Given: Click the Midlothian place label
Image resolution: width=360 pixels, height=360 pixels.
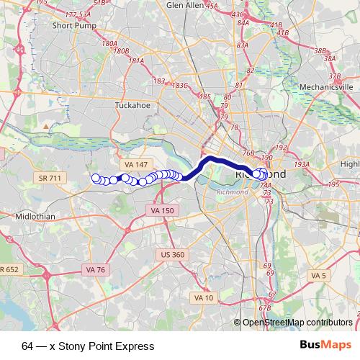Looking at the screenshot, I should tap(34, 216).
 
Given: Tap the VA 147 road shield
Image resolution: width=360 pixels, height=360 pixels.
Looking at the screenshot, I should tap(134, 166).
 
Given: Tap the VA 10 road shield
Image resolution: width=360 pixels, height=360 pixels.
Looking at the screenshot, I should tap(204, 297).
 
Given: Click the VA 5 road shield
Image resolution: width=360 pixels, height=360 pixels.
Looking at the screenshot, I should tap(318, 275).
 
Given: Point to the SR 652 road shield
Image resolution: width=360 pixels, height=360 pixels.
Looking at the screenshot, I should tap(9, 269).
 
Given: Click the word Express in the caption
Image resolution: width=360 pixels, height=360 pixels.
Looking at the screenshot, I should tap(133, 346).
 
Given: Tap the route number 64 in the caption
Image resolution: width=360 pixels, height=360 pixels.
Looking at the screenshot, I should tap(27, 346).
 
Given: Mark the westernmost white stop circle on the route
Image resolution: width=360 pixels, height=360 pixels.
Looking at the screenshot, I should tap(96, 178).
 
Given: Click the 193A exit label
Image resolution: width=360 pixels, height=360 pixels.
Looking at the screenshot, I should tap(302, 164).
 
